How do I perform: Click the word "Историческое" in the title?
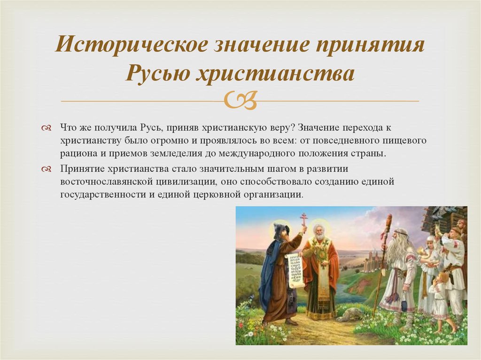132,45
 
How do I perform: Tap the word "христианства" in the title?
275,74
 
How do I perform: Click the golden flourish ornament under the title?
240,100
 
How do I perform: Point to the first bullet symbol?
47,128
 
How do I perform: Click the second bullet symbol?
47,169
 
